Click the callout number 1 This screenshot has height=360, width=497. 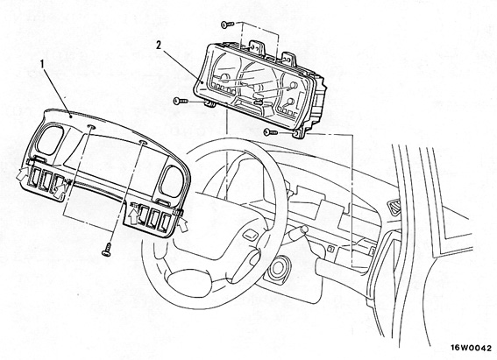click(x=41, y=64)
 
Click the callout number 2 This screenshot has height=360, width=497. click(x=159, y=46)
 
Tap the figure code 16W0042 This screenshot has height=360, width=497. click(x=472, y=347)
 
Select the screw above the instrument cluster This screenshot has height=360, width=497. click(x=227, y=24)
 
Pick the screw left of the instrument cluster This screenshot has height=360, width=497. click(x=181, y=101)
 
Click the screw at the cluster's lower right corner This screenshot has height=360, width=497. click(x=271, y=132)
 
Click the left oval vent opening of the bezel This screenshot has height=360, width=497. click(x=50, y=139)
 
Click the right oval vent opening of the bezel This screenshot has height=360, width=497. click(x=172, y=182)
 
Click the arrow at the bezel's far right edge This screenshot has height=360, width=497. click(x=183, y=224)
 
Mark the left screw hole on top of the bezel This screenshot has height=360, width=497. click(x=90, y=127)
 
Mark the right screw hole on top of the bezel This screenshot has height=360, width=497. click(x=143, y=143)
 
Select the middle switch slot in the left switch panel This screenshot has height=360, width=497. click(x=46, y=180)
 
